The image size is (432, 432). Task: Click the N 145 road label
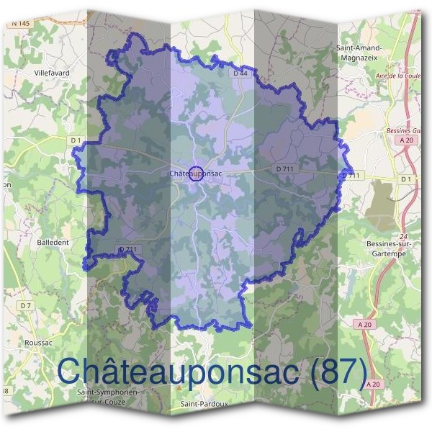21,24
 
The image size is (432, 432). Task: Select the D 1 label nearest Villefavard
76,139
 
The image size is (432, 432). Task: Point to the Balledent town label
53,243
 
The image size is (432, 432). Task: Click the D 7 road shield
26,306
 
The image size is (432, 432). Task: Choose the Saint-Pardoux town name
204,405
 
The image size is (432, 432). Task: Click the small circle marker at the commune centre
194,173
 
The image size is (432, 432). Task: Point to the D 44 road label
240,73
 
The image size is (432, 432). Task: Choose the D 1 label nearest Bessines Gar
406,178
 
